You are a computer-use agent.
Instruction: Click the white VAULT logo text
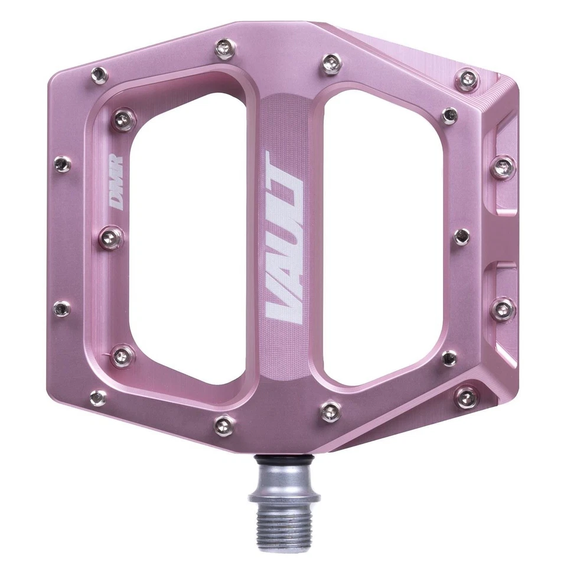(x=284, y=236)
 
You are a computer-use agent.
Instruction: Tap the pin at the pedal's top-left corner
(x=99, y=74)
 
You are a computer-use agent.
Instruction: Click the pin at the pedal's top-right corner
(x=468, y=78)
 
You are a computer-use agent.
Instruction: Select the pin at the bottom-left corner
(x=97, y=398)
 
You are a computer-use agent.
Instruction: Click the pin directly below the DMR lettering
(x=112, y=238)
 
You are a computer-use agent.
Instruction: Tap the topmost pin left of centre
(x=225, y=48)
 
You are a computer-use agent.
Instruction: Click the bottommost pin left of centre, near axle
(x=224, y=423)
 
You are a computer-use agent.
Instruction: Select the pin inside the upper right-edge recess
(x=503, y=167)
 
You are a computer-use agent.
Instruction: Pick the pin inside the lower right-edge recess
(x=503, y=308)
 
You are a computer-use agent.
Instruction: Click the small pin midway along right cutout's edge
(x=462, y=236)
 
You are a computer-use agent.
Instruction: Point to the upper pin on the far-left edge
(x=63, y=164)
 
